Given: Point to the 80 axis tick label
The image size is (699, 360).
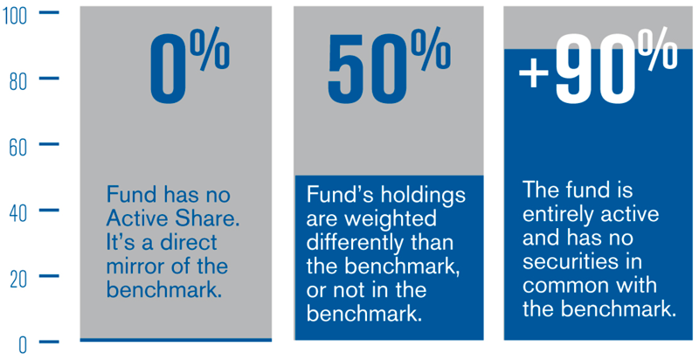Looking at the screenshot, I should point(17,80).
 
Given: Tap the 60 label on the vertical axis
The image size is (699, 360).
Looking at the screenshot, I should point(17,146).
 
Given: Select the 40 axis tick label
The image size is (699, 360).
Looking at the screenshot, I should point(17,212).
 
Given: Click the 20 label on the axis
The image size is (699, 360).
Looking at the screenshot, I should point(17,279).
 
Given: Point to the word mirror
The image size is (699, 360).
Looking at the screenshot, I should point(135,265).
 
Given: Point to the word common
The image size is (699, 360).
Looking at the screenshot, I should point(560,284).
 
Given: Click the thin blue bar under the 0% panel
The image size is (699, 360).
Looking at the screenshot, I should point(176,339).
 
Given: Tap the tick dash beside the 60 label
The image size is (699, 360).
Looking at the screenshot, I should point(49,144).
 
